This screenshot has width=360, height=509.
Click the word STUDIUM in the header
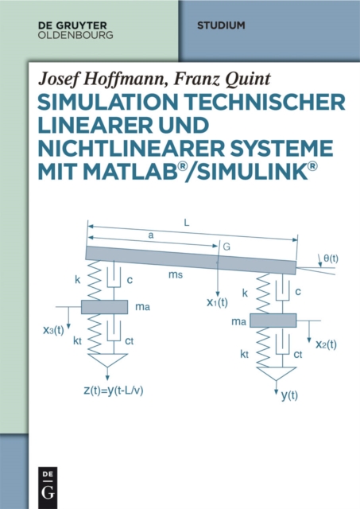click(221, 25)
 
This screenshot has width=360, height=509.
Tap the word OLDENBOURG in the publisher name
click(75, 35)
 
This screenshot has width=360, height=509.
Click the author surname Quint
click(248, 80)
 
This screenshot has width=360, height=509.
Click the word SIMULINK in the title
click(253, 172)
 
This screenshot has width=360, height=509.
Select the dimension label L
click(187, 223)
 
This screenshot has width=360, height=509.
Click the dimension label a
click(150, 235)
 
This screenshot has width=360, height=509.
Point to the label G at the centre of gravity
click(226, 247)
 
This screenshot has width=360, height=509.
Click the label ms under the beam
click(176, 274)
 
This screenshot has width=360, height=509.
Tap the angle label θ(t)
click(331, 258)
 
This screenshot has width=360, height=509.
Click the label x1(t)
click(217, 302)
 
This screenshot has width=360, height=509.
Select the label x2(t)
click(326, 344)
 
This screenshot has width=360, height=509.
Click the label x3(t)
click(53, 331)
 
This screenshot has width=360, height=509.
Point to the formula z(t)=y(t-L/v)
click(114, 390)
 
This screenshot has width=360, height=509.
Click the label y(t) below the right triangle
click(289, 395)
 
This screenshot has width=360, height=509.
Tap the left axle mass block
click(104, 307)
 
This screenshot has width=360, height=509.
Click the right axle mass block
click(273, 321)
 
